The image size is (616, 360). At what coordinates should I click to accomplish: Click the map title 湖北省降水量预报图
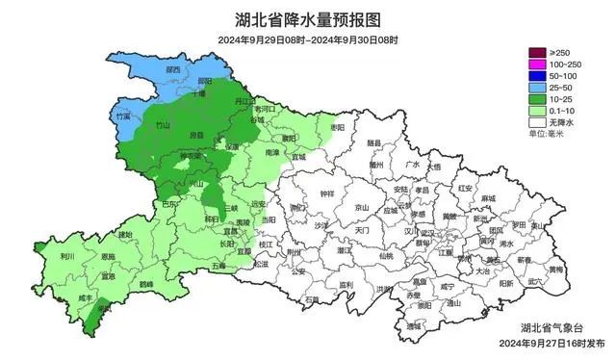click(x=307, y=18)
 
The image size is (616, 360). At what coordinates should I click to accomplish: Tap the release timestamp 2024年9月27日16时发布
click(x=552, y=343)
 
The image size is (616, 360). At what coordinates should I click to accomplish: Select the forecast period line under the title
click(x=307, y=40)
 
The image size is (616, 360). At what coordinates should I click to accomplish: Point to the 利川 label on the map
click(x=67, y=257)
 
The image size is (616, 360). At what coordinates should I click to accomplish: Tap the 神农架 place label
click(x=192, y=156)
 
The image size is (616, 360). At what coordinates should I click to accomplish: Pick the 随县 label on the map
click(x=373, y=142)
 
